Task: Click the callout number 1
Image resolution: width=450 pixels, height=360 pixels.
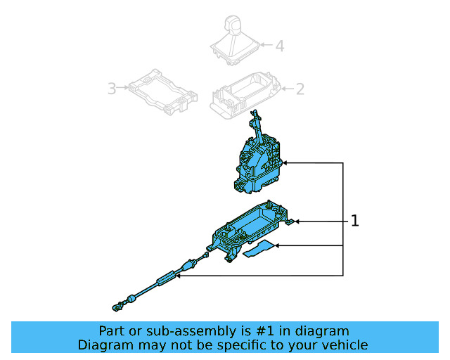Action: (x=355, y=221)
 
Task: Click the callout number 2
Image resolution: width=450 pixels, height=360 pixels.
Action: (x=300, y=89)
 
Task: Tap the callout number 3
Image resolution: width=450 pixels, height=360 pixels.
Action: (x=111, y=89)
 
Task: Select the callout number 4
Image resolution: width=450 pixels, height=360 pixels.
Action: (x=279, y=46)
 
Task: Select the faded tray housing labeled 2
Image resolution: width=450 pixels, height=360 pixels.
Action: (x=246, y=93)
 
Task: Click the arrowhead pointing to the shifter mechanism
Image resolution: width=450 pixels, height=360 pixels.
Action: (x=288, y=163)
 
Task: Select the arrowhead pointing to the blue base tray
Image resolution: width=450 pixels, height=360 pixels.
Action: (x=297, y=221)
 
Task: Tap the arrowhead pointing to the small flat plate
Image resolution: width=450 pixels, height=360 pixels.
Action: (x=280, y=245)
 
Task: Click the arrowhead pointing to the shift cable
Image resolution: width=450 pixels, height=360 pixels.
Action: (x=180, y=276)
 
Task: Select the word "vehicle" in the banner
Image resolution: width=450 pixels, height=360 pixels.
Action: (x=343, y=345)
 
